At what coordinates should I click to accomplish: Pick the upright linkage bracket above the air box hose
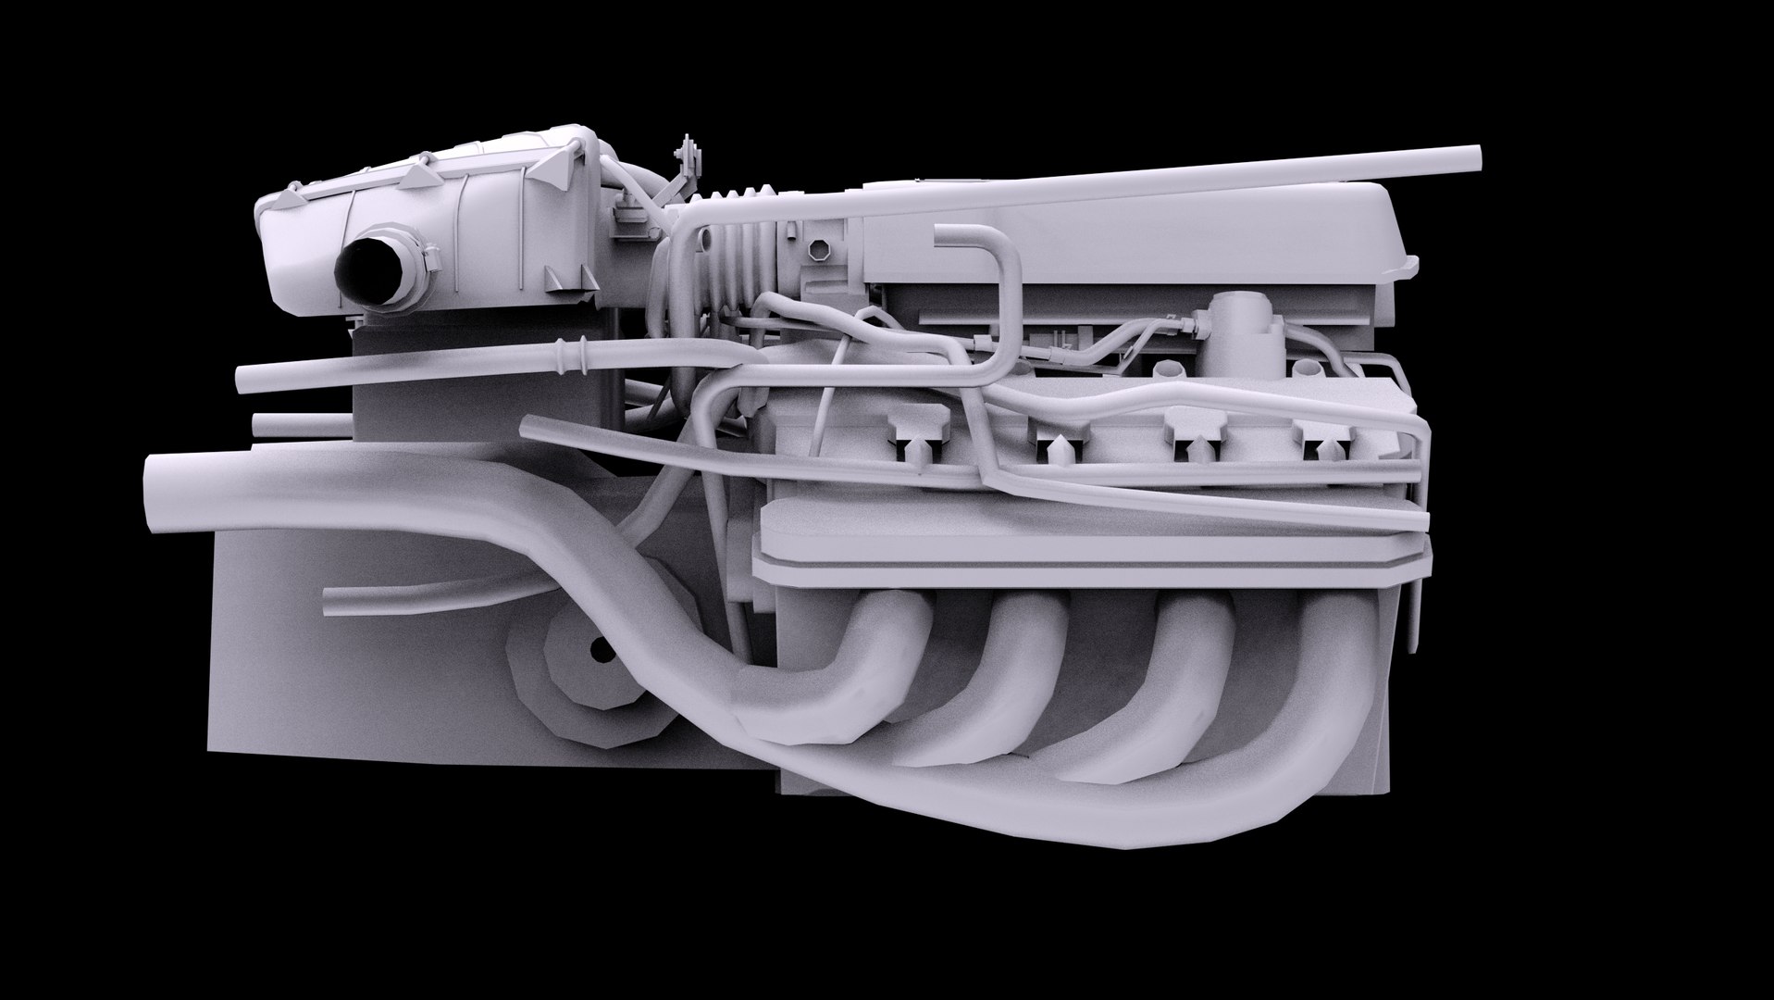(689, 167)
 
